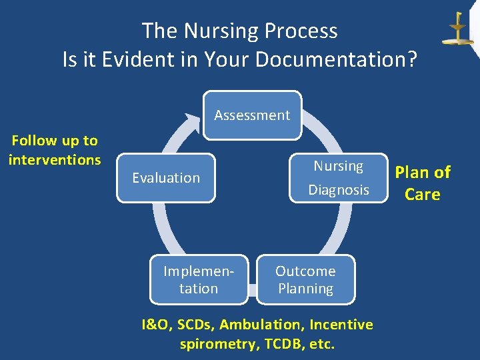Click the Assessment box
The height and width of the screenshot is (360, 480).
252,115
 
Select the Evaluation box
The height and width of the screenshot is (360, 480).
166,178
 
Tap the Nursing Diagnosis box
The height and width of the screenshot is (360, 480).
339,178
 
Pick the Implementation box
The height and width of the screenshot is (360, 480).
199,280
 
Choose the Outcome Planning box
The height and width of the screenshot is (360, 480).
305,280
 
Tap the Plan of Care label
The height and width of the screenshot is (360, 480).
423,183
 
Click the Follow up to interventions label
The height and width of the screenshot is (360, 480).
55,150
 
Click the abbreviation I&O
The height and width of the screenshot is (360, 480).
155,325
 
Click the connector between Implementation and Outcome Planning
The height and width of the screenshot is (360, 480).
252,290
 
